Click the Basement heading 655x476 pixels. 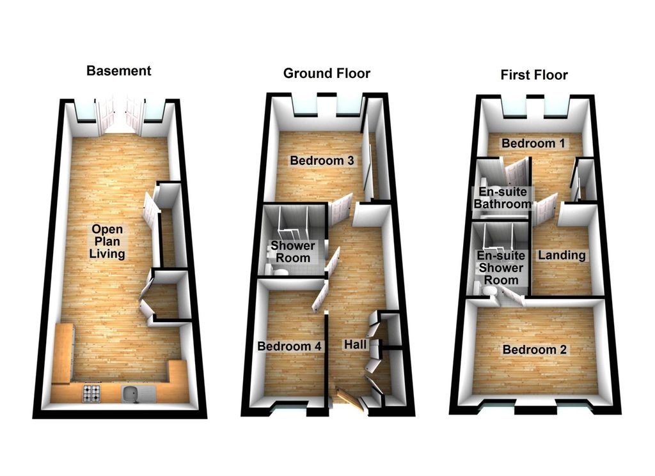(x=118, y=71)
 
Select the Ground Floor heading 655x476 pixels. (x=327, y=73)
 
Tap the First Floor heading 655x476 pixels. (x=534, y=75)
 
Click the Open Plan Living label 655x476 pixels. (x=107, y=242)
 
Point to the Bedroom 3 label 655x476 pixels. (x=322, y=160)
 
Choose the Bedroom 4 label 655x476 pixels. (x=290, y=346)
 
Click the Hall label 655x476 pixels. (x=355, y=344)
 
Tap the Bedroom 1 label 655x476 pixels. (x=533, y=144)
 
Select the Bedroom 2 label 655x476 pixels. (x=534, y=349)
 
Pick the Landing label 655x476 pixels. (x=562, y=256)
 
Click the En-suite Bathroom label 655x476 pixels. (x=503, y=198)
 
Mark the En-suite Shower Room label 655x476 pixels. (x=501, y=268)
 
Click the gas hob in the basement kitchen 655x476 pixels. (x=92, y=393)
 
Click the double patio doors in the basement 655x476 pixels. (x=120, y=115)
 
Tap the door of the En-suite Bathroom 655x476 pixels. (x=516, y=174)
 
